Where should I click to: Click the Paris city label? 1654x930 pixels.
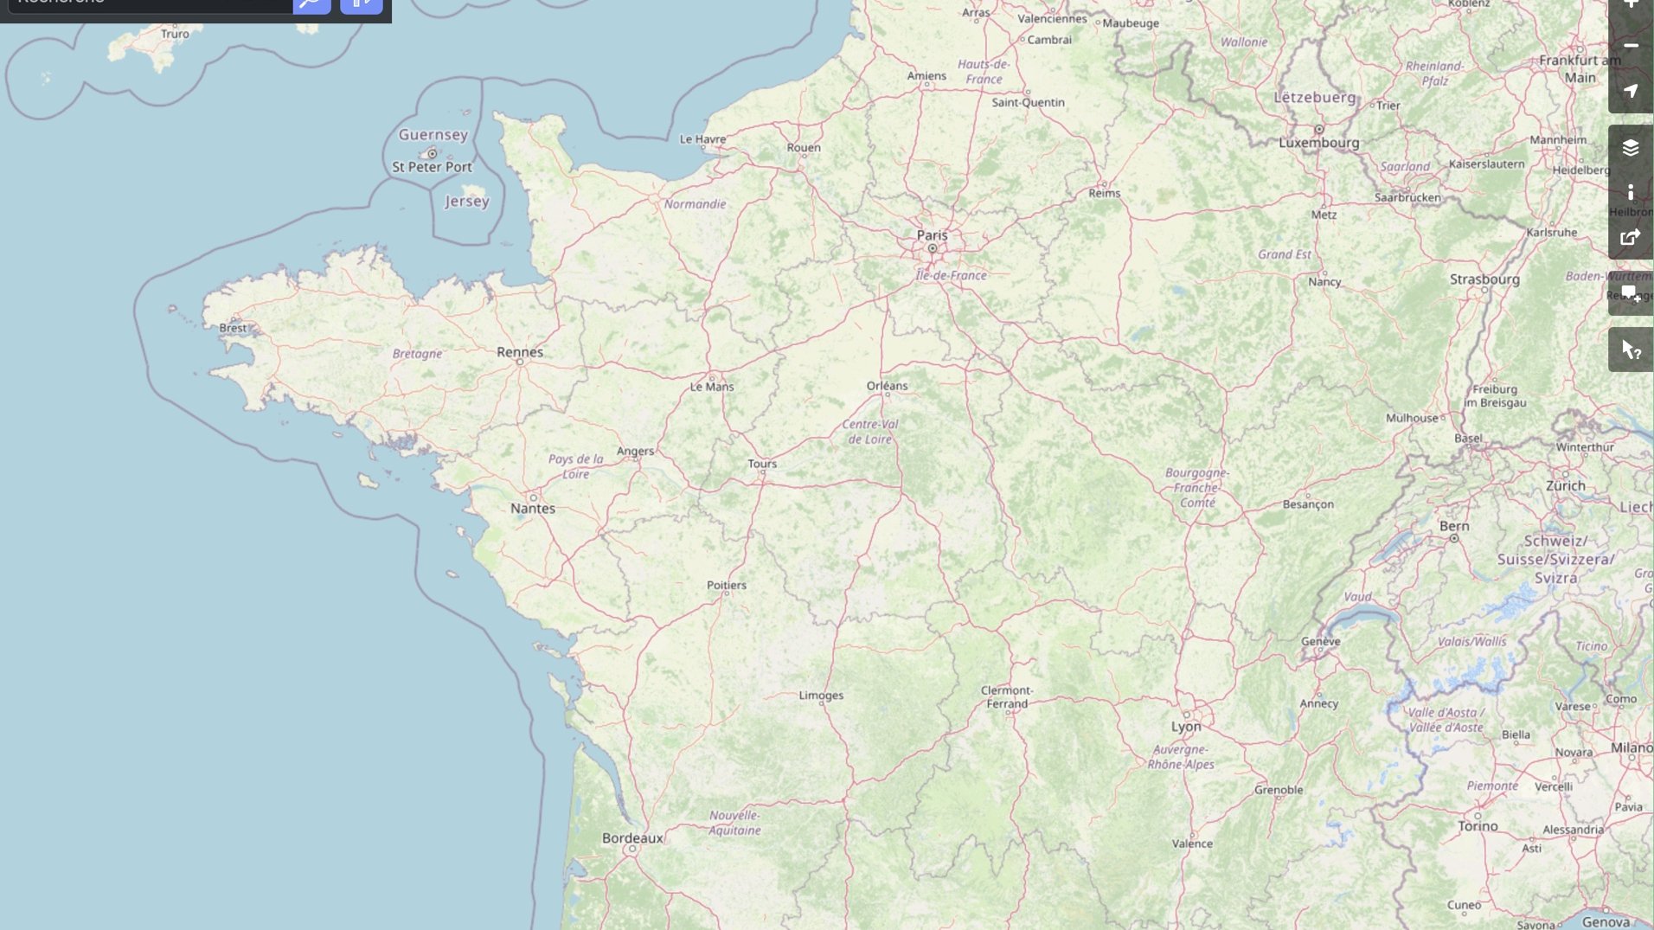tap(932, 235)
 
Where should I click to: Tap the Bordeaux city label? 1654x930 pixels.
tap(632, 838)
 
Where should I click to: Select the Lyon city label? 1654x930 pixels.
tap(1186, 727)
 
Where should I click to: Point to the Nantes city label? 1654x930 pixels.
tap(533, 509)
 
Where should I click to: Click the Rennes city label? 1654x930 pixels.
tap(520, 352)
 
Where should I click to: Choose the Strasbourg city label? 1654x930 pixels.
tap(1484, 279)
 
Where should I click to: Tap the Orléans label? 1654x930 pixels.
tap(887, 386)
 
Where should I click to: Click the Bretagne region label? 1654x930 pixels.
tap(417, 354)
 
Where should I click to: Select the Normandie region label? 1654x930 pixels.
tap(695, 204)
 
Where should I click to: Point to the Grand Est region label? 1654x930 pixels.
tap(1284, 254)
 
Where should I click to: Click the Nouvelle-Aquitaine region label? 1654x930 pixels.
tap(734, 823)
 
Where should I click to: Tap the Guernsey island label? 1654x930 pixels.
tap(433, 135)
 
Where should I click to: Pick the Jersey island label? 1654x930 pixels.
tap(467, 201)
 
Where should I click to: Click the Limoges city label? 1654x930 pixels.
tap(821, 696)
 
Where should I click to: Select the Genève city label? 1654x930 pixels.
tap(1320, 642)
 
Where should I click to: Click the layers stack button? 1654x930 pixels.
tap(1630, 148)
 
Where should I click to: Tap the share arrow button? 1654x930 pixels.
tap(1630, 238)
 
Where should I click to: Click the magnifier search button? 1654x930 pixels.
tap(311, 4)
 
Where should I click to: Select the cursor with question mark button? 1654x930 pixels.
tap(1630, 350)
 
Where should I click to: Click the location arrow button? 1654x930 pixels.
tap(1630, 91)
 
